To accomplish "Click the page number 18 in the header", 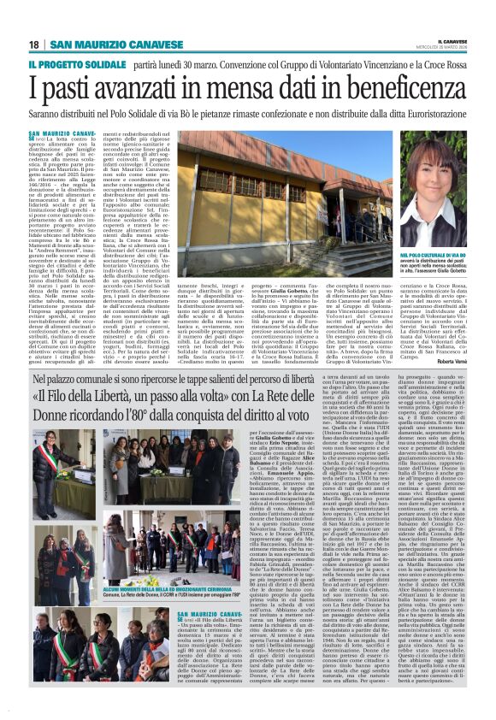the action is click(x=33, y=44).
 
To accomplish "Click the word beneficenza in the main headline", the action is click(x=400, y=87).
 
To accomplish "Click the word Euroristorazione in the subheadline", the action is click(x=421, y=113).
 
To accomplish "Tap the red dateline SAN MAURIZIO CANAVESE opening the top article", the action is click(x=73, y=135).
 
